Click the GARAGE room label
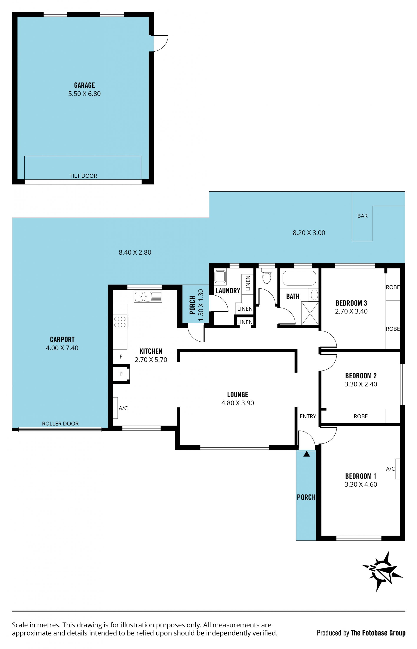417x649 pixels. click(x=84, y=85)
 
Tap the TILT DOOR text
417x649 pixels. click(x=83, y=176)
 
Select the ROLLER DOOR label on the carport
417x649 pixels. click(x=60, y=423)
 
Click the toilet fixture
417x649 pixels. click(x=267, y=275)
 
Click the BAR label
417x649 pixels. click(x=362, y=216)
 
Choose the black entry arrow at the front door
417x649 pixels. click(x=306, y=454)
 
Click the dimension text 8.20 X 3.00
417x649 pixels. click(x=309, y=233)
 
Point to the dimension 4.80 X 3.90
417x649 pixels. click(x=237, y=403)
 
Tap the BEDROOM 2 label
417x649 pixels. click(x=361, y=376)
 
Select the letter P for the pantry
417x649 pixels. click(x=121, y=374)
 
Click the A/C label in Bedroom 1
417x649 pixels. click(x=390, y=469)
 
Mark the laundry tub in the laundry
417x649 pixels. click(x=220, y=277)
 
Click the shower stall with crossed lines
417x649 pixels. click(x=310, y=314)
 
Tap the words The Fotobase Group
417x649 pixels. click(x=378, y=633)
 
